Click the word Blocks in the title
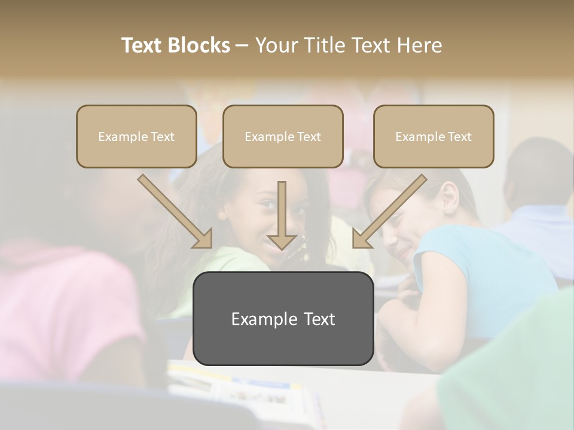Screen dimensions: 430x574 click(199, 45)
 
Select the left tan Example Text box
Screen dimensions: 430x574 click(136, 136)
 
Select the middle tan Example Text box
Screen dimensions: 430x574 click(283, 136)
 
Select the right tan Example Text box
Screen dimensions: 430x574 click(433, 136)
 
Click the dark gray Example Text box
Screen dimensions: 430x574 click(283, 318)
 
